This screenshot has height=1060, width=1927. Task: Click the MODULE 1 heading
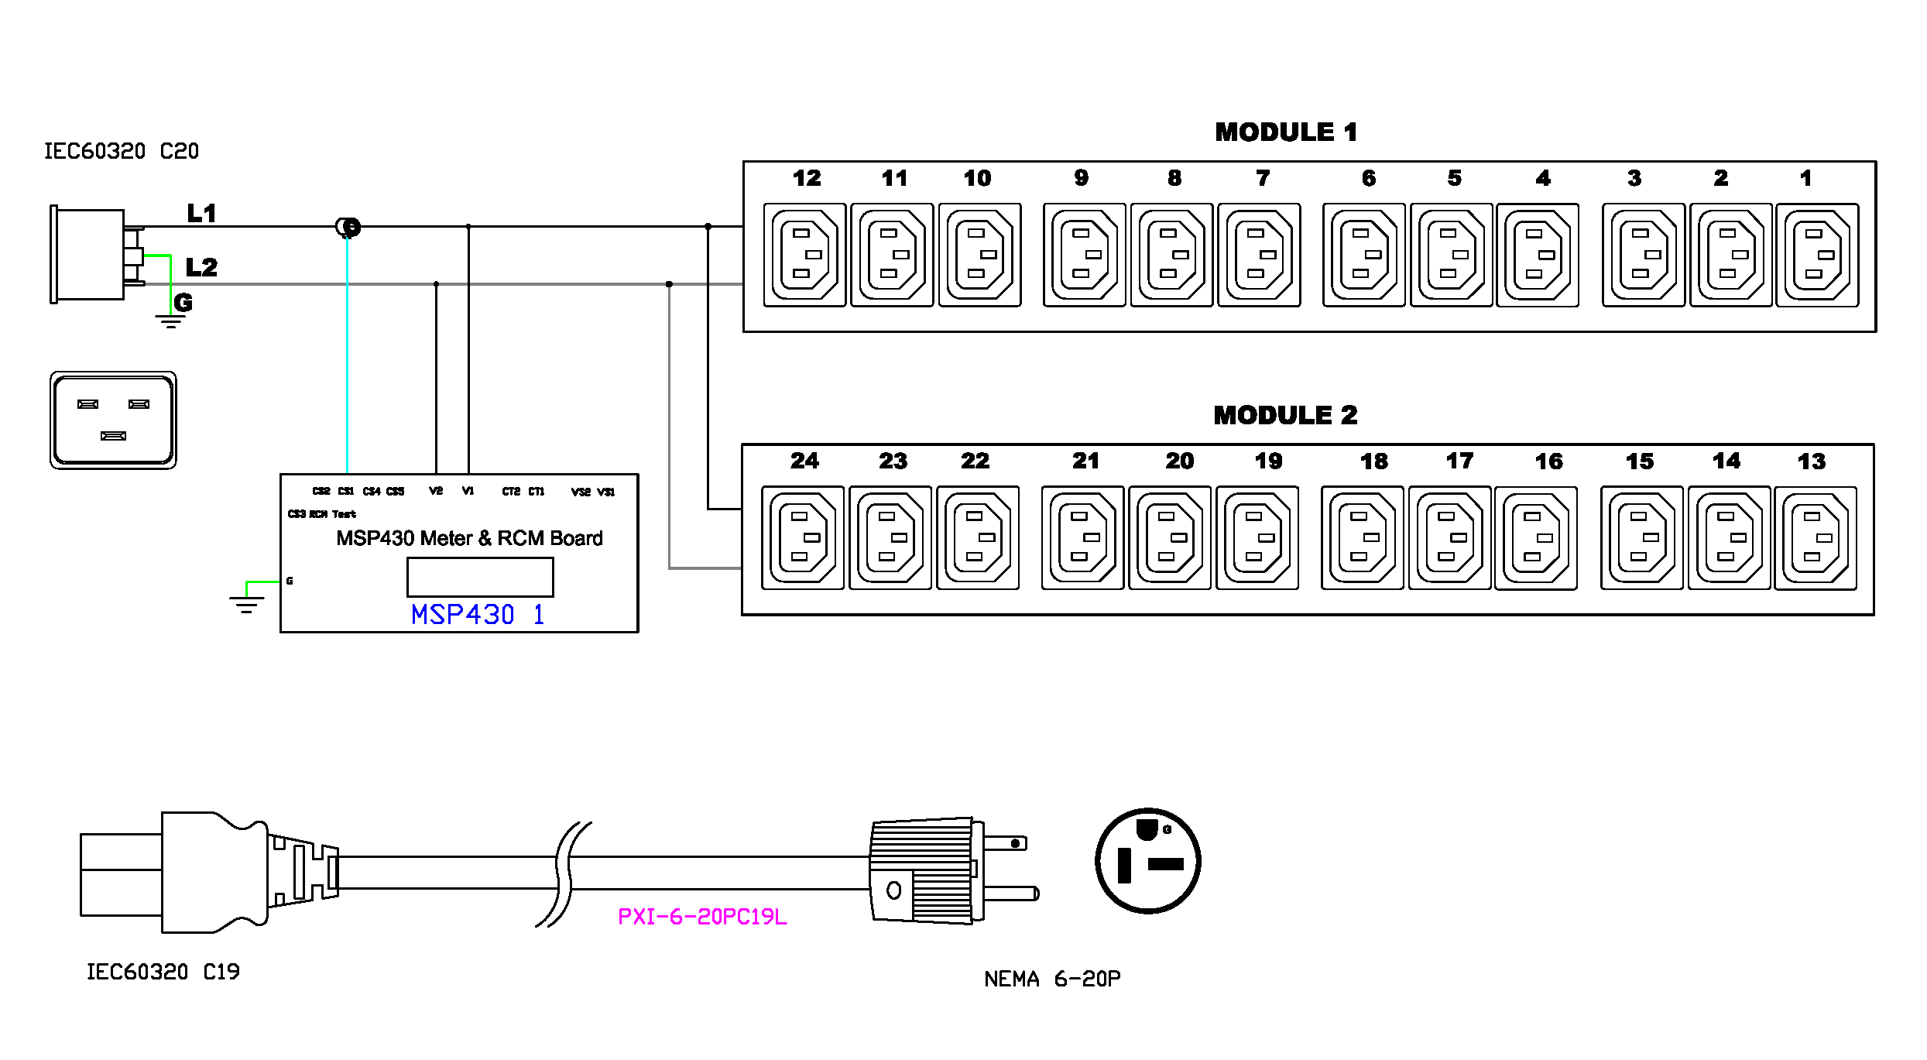click(x=1286, y=132)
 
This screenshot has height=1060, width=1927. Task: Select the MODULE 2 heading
click(x=1285, y=416)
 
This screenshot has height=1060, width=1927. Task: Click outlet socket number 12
click(x=804, y=255)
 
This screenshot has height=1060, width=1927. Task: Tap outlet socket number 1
click(x=1817, y=255)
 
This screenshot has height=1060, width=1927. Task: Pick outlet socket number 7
click(x=1259, y=255)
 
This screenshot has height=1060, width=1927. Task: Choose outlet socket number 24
click(x=803, y=538)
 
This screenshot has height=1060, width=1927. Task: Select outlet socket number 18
click(x=1362, y=538)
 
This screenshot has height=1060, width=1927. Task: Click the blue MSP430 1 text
click(x=478, y=615)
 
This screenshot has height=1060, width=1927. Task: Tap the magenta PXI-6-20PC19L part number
click(x=702, y=917)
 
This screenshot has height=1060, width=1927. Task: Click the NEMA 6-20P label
click(x=1052, y=979)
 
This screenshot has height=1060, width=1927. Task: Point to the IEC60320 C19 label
click(x=163, y=973)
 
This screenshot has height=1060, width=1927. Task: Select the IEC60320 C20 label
click(x=122, y=152)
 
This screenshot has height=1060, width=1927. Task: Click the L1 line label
click(x=201, y=214)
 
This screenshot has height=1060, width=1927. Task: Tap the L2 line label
click(x=201, y=268)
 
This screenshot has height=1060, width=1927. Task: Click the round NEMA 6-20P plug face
click(x=1147, y=861)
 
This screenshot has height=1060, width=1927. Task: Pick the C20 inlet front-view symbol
click(x=113, y=420)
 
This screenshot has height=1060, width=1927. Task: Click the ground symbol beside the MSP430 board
click(x=247, y=602)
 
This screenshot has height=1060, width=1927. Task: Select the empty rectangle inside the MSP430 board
click(x=480, y=578)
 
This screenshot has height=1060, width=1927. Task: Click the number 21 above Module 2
click(x=1085, y=461)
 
